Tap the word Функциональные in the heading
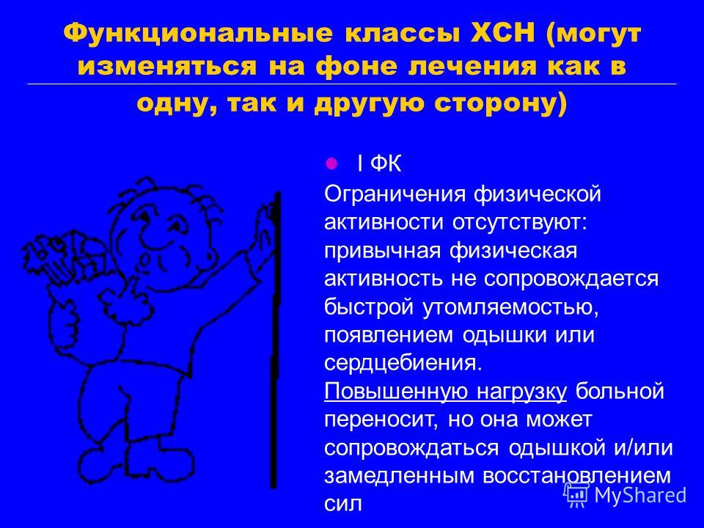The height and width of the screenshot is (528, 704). (197, 34)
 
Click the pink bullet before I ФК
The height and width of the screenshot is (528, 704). (331, 164)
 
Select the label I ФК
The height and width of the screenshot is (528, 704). (378, 164)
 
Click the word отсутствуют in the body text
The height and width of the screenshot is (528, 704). (519, 223)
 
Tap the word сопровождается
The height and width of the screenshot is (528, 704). (571, 279)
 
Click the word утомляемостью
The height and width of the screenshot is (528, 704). (510, 307)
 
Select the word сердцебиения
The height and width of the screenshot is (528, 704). (403, 363)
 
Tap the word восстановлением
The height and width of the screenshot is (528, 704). (577, 475)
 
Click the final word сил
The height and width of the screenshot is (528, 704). (342, 504)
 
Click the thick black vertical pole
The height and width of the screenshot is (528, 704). (275, 340)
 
